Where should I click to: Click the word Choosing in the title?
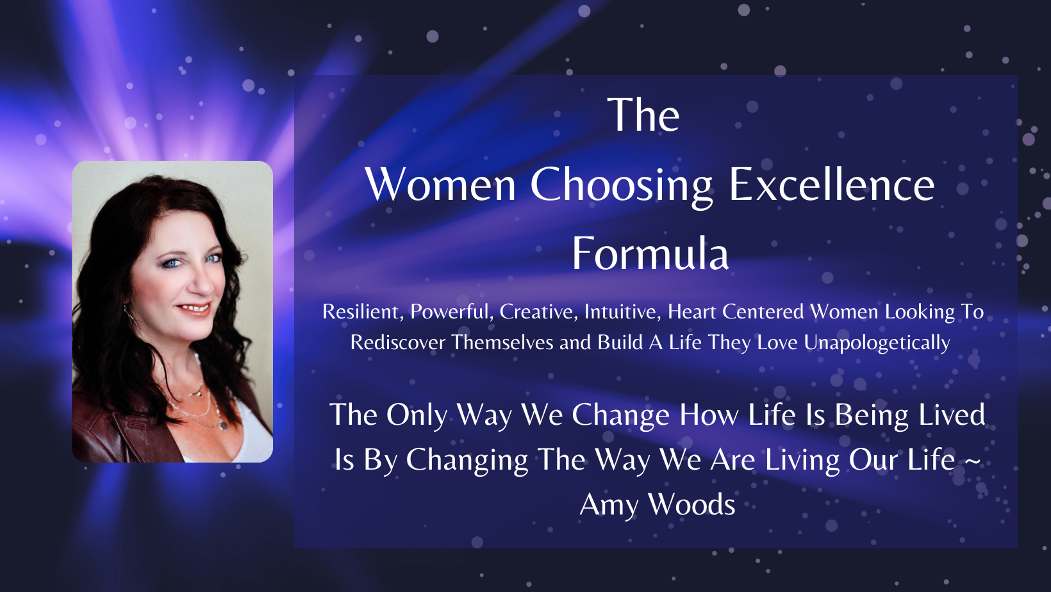621,186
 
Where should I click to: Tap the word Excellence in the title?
831,185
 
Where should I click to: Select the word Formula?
650,253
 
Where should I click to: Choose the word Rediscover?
398,343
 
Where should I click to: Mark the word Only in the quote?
417,416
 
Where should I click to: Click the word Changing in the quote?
467,461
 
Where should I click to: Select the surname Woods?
691,505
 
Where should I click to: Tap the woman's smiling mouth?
194,309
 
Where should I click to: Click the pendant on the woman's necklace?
223,426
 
